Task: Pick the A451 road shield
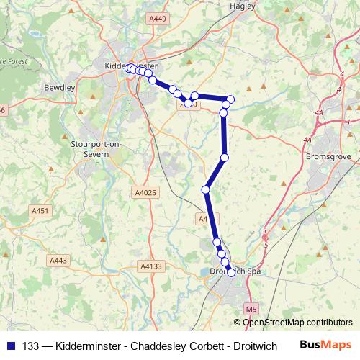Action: pos(41,210)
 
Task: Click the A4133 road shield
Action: pos(151,266)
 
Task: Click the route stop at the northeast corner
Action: pos(230,99)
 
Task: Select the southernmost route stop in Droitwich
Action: pos(230,272)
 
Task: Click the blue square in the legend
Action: pos(10,344)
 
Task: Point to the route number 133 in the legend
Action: pos(30,344)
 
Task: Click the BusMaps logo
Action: pos(325,343)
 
